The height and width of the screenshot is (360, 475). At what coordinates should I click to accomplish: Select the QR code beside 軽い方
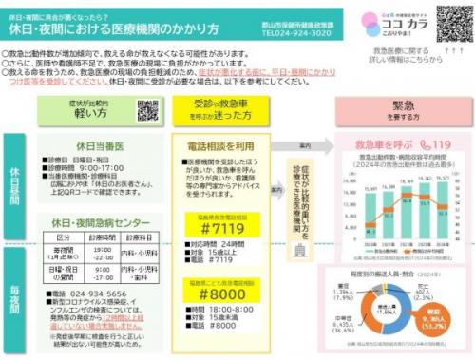tap(146, 109)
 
